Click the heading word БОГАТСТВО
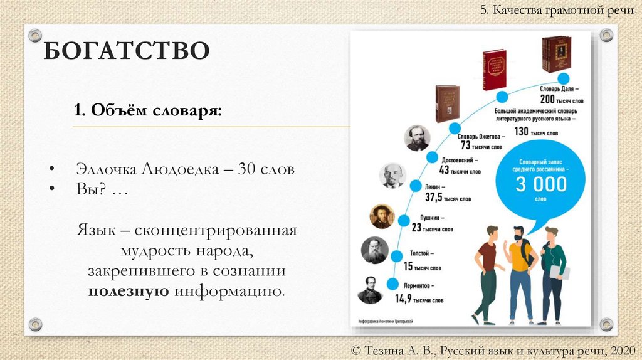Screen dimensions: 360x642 125,51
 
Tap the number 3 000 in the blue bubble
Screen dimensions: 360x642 540,184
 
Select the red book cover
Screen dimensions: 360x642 494,70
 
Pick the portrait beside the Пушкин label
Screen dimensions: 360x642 382,216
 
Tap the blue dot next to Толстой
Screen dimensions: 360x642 396,256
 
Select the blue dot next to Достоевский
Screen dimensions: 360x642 432,157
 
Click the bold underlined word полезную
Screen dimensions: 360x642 128,291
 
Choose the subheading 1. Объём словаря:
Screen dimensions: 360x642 147,111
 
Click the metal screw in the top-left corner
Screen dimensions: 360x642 35,35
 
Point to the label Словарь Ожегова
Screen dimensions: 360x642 481,136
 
